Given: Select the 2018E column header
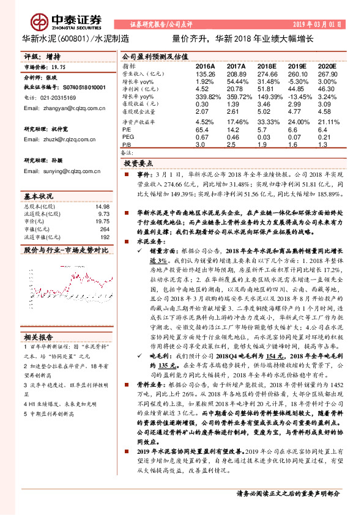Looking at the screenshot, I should [x=267, y=65].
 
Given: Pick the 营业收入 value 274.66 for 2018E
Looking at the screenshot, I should [x=267, y=73].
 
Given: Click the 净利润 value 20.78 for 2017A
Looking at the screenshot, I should [x=236, y=89].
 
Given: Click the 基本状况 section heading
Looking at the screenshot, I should [x=38, y=197].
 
